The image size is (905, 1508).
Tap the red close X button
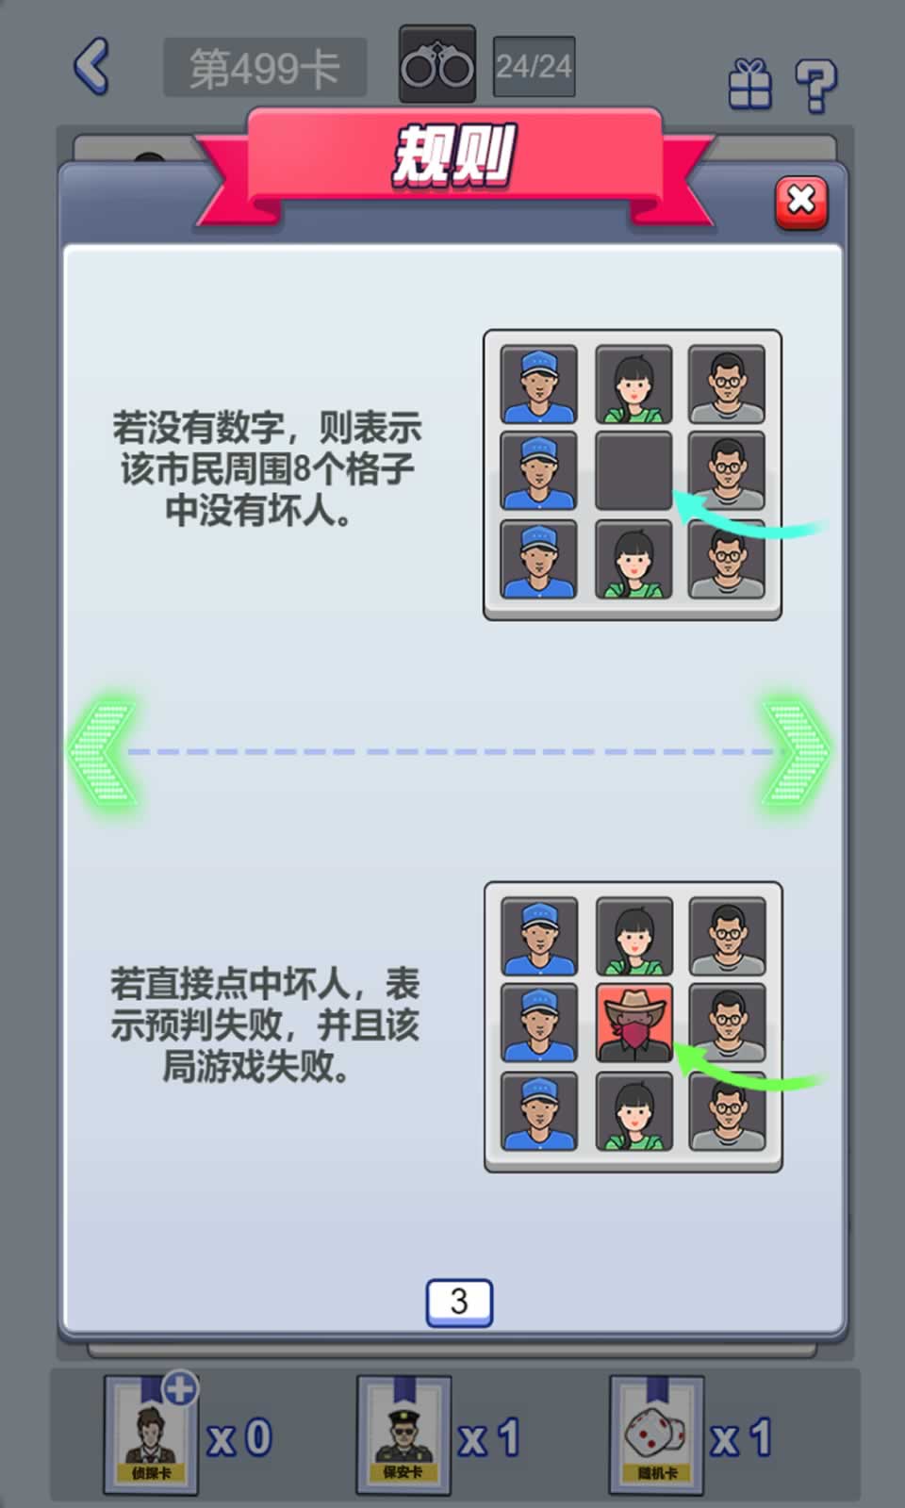click(x=801, y=202)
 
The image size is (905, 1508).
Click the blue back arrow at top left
click(x=92, y=66)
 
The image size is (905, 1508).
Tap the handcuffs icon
click(x=436, y=65)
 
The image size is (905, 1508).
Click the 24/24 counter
click(x=534, y=66)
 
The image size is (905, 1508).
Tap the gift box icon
click(x=749, y=85)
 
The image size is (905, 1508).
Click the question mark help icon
click(x=815, y=86)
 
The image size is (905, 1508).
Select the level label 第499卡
click(x=265, y=68)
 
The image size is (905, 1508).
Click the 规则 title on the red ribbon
click(x=453, y=156)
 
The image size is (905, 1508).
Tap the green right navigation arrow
click(x=797, y=751)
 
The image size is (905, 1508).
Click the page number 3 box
click(x=459, y=1303)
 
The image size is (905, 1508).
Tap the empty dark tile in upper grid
click(x=633, y=470)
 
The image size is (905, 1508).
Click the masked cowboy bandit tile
click(x=634, y=1023)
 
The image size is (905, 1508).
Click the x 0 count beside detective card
click(x=240, y=1438)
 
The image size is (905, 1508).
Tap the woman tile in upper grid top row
click(x=633, y=385)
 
